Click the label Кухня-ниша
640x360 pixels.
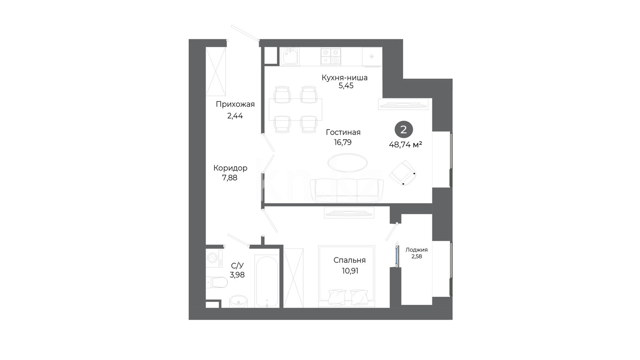pos(344,78)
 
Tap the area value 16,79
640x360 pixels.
pos(343,142)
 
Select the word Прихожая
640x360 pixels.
pos(235,104)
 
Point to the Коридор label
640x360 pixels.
pos(230,168)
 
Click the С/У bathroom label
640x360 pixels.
pos(237,266)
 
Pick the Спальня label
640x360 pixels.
pos(350,260)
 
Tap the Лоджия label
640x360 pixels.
pos(416,250)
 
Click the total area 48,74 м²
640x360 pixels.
pos(406,145)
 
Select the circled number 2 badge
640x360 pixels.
pos(404,130)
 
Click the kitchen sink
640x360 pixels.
pos(290,56)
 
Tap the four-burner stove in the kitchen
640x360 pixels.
pos(331,56)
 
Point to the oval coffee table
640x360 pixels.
pos(348,163)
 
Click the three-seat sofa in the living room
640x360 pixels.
pos(347,190)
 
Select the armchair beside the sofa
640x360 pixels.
pos(402,172)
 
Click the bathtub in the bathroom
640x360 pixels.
pos(267,280)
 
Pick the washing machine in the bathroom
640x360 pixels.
pos(214,258)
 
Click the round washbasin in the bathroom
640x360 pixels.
pos(238,301)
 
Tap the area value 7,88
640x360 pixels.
pos(230,178)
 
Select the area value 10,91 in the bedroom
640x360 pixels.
pos(350,271)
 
